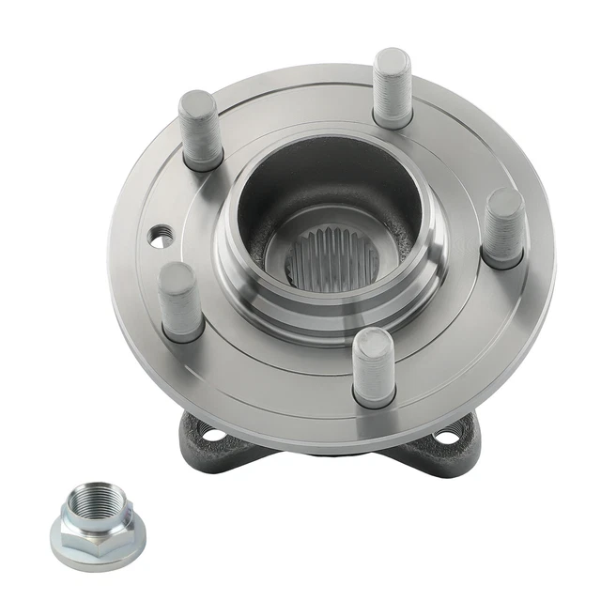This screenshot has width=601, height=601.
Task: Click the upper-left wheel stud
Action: (x=200, y=131)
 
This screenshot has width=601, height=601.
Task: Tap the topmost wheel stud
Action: (x=392, y=88)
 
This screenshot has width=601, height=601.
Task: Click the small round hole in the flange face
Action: (x=162, y=239)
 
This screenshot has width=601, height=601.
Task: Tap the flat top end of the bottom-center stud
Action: (x=374, y=340)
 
